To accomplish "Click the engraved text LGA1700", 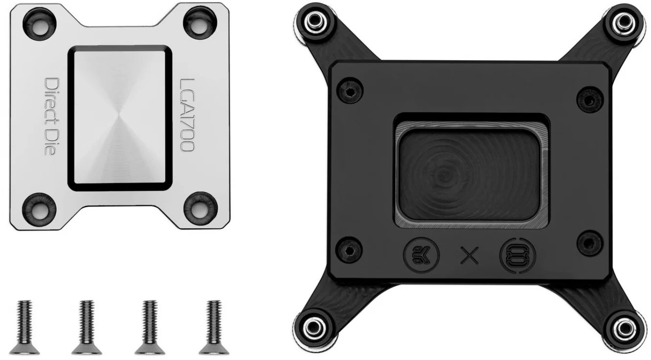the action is [187, 115].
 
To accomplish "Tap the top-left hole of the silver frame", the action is [40, 24].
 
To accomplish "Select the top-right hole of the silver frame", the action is [200, 22].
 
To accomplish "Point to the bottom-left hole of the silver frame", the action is [39, 208].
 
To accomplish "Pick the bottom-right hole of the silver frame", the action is [201, 207].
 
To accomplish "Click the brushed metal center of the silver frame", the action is [120, 117].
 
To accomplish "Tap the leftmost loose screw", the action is [24, 327].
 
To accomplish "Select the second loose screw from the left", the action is [87, 327].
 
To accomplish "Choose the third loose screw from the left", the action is [150, 327].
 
